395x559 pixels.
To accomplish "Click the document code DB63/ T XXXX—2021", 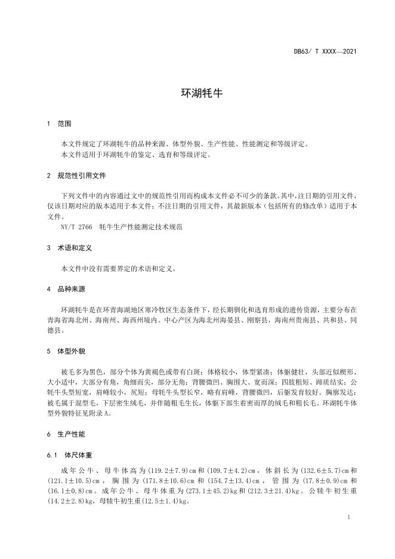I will click(x=326, y=52).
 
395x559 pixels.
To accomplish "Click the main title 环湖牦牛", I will click(x=197, y=94).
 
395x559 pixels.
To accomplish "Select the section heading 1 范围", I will click(x=59, y=124).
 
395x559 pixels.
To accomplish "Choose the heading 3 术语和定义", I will click(x=70, y=246).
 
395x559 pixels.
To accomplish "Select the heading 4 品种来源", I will click(x=66, y=289).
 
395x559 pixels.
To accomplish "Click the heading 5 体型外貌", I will click(x=66, y=351).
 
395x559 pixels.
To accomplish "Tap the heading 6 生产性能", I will click(x=66, y=433).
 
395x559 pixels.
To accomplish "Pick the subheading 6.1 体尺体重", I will click(x=69, y=456).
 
